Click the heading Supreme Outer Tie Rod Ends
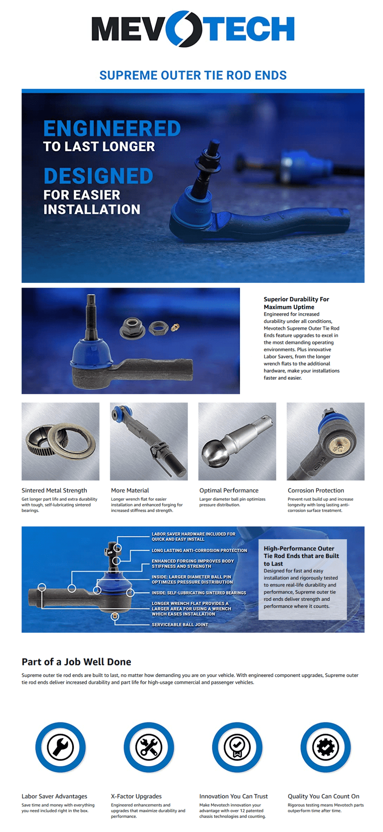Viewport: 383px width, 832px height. tap(193, 75)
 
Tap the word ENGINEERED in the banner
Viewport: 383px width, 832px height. tap(112, 128)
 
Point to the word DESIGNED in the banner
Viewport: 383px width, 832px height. tap(98, 176)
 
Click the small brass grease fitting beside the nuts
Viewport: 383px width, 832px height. tap(175, 327)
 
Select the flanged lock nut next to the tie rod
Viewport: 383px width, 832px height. tap(132, 328)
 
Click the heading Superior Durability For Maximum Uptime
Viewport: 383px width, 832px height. tap(296, 303)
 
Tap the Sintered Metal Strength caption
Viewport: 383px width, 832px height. tap(54, 490)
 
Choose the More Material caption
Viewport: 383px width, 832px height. tap(130, 490)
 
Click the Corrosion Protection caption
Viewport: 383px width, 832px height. tap(316, 490)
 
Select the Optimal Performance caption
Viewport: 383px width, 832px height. tap(229, 490)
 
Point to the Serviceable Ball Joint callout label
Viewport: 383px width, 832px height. tap(180, 624)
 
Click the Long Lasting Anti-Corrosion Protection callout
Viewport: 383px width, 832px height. tap(199, 550)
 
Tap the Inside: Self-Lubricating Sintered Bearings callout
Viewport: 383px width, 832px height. tap(199, 593)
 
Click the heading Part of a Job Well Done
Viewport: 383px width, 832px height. tap(76, 662)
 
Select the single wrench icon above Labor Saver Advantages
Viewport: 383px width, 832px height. tap(60, 747)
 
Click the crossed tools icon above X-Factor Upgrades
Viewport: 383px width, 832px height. tap(149, 747)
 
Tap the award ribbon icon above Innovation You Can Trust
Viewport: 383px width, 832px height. tap(237, 747)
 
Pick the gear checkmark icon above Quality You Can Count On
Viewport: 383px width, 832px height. tap(325, 747)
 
